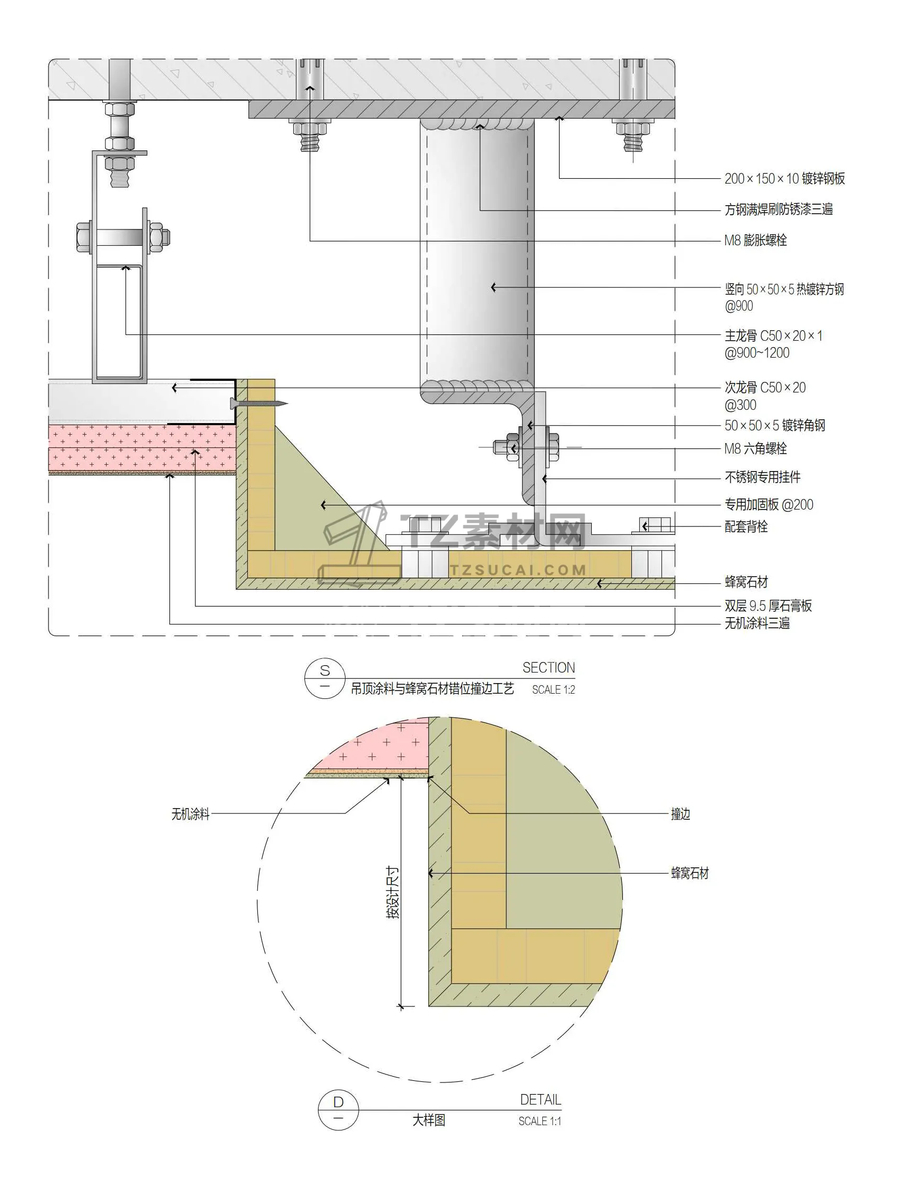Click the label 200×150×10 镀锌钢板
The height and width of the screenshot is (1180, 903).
pyautogui.click(x=784, y=178)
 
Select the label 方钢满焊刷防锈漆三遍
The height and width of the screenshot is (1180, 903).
pyautogui.click(x=779, y=209)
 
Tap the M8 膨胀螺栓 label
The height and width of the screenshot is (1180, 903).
pyautogui.click(x=755, y=241)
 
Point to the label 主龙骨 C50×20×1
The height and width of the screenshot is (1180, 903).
pyautogui.click(x=773, y=336)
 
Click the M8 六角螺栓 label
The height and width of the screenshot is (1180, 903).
pyautogui.click(x=755, y=448)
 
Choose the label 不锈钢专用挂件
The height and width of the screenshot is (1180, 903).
pyautogui.click(x=762, y=477)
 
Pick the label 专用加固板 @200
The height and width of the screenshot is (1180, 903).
pyautogui.click(x=768, y=504)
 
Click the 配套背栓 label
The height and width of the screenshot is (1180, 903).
pyautogui.click(x=746, y=526)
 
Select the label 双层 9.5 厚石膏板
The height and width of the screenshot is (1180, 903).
pyautogui.click(x=768, y=606)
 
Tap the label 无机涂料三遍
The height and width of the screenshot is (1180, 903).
pyautogui.click(x=757, y=623)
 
